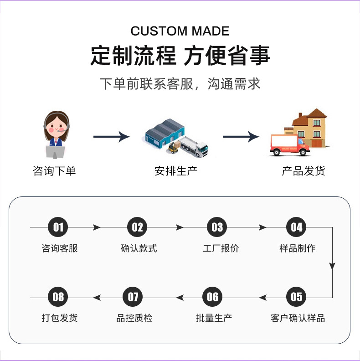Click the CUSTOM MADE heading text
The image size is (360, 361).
click(180, 31)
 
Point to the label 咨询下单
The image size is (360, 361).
click(54, 171)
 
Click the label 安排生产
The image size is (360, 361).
click(176, 171)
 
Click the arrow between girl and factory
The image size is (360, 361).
click(112, 136)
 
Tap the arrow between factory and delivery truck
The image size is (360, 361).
click(241, 136)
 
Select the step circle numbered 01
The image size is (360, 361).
click(58, 227)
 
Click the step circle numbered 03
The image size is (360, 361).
click(217, 227)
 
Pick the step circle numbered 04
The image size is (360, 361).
click(296, 227)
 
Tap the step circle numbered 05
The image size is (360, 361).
click(296, 297)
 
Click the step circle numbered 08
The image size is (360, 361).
click(58, 297)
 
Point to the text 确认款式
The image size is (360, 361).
click(139, 248)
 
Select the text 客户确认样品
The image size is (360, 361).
click(298, 318)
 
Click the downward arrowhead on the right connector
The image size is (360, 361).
click(332, 266)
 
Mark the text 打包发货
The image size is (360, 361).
click(60, 318)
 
